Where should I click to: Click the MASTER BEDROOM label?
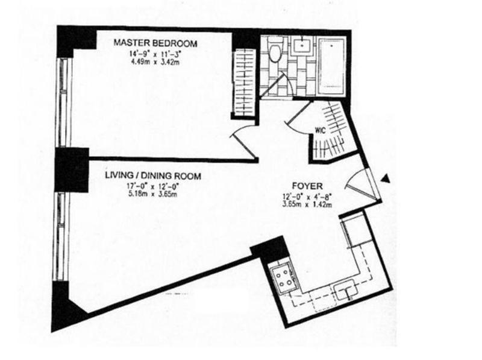[x=156, y=43]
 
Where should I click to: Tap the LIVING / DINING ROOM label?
[x=152, y=176]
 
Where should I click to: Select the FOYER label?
[x=308, y=187]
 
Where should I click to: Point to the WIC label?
[x=320, y=129]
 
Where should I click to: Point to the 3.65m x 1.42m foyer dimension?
[x=308, y=204]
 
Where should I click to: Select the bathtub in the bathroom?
[x=330, y=65]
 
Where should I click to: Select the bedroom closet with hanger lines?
[x=244, y=84]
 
